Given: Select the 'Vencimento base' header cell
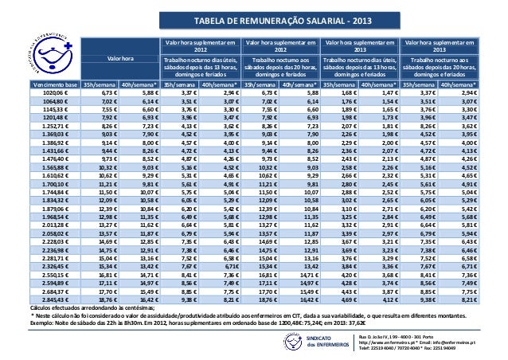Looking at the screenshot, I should (x=54, y=83).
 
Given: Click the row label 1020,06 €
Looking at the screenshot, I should (x=59, y=92).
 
